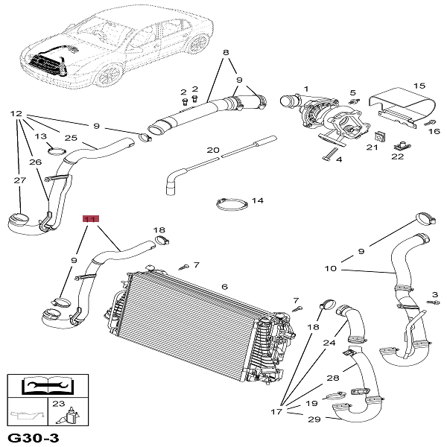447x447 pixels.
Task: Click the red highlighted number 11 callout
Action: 90,219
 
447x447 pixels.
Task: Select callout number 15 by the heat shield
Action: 419,86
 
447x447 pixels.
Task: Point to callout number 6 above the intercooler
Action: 224,286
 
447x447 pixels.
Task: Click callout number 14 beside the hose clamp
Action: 258,200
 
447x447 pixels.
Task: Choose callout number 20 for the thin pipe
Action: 213,150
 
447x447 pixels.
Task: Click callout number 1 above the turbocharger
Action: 305,89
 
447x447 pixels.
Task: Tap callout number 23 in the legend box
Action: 57,403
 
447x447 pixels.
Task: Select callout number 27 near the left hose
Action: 20,180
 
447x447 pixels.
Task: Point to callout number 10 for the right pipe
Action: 331,268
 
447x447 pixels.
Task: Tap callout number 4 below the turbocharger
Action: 338,159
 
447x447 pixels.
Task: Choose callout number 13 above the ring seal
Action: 41,137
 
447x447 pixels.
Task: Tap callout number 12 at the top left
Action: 16,114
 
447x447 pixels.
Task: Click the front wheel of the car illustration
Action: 110,72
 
